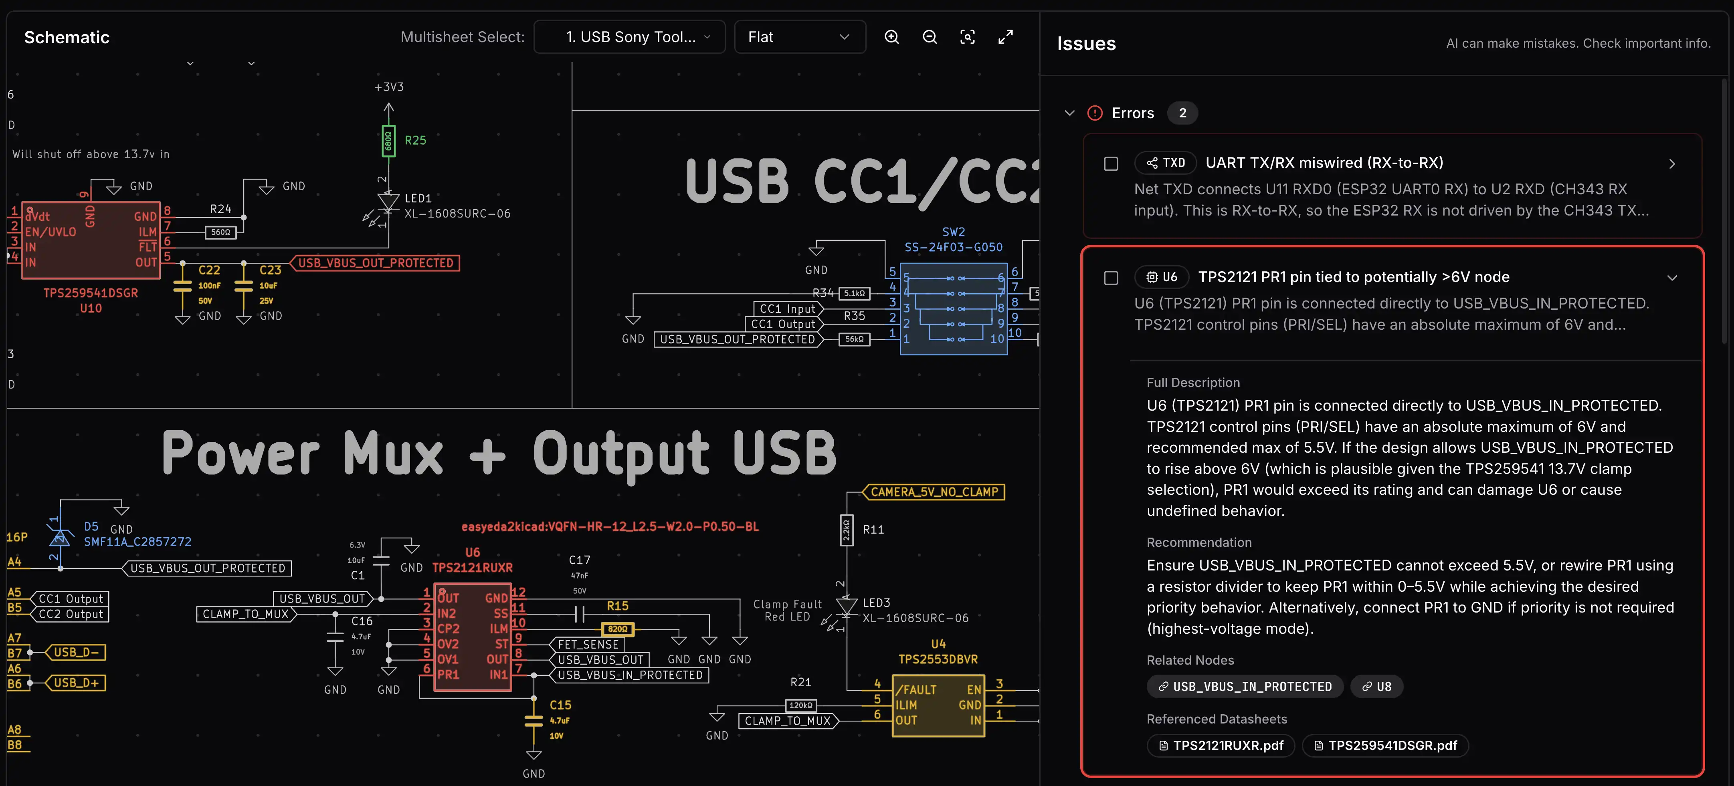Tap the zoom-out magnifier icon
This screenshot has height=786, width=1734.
point(930,37)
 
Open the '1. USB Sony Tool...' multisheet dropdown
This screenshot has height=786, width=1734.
point(629,37)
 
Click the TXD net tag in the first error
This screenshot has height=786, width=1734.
point(1166,163)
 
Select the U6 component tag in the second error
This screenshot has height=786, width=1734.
point(1162,277)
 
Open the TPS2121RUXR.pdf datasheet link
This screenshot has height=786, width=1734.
point(1221,745)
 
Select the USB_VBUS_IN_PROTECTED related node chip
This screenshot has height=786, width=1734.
point(1245,686)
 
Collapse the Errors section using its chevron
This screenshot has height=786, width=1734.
point(1069,113)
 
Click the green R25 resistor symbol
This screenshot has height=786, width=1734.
point(388,141)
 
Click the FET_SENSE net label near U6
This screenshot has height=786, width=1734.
point(588,644)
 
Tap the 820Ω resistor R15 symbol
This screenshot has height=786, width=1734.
point(617,629)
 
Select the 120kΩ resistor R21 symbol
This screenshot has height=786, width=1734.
point(800,705)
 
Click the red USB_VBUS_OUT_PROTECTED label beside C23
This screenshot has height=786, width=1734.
point(376,263)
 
